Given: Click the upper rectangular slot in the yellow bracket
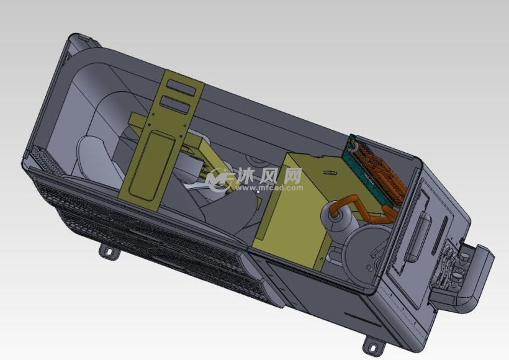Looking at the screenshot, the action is pyautogui.click(x=179, y=87).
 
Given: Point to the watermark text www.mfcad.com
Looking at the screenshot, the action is pyautogui.click(x=269, y=187).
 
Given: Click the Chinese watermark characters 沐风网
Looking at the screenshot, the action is pyautogui.click(x=269, y=176).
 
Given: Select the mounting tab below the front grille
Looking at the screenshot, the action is pyautogui.click(x=109, y=251).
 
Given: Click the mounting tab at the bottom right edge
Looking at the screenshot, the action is pyautogui.click(x=371, y=346).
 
